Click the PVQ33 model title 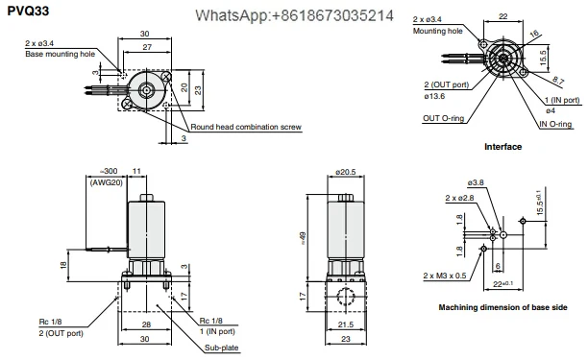28,11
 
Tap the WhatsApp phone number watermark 294,15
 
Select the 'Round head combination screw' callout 246,127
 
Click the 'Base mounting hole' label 60,54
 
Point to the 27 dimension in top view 147,47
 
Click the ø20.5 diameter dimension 346,172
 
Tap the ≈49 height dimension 303,238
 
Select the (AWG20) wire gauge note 107,182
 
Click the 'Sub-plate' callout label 222,348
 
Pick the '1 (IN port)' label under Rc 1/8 217,331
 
